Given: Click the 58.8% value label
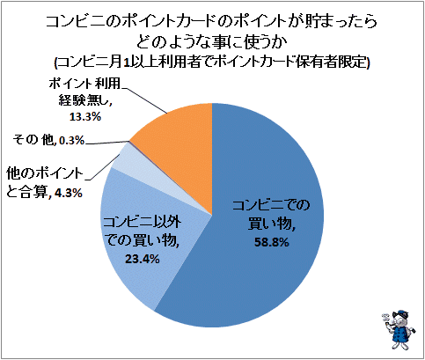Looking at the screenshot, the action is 271,243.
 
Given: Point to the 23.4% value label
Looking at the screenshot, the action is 143,259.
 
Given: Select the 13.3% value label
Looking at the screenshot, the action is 85,117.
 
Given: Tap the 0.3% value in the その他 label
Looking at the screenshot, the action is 72,141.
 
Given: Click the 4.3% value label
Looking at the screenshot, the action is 68,193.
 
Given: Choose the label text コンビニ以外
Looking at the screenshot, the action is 142,223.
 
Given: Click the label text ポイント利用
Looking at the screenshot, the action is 84,84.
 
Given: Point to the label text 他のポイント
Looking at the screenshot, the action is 45,173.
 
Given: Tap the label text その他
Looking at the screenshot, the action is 33,140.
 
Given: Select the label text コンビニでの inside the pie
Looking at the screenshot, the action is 271,206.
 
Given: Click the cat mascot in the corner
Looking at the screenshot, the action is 399,330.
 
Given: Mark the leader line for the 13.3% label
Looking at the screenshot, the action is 144,100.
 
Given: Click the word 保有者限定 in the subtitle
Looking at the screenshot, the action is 332,62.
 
